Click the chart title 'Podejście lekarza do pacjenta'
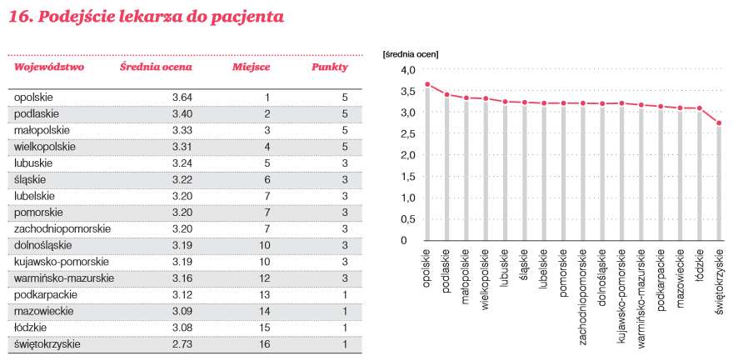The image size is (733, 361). pos(161,17)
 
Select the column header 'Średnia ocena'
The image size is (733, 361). pos(156,67)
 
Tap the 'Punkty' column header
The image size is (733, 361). pos(330,68)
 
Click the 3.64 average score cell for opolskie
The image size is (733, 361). pos(182,98)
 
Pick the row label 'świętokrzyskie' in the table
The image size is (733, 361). pos(47,344)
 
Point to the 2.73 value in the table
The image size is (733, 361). pos(182,344)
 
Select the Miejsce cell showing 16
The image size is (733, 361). pos(265,344)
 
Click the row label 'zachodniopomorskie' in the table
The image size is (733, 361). pos(62,229)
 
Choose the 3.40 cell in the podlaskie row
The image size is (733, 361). pos(182,113)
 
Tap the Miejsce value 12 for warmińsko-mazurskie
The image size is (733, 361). pos(265,278)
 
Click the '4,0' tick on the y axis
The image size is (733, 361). pos(407,70)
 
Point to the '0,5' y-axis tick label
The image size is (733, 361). pos(407,219)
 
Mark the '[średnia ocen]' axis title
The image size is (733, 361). pos(411,54)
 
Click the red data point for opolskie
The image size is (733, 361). pos(426,85)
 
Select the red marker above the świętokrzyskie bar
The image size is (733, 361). pos(719,123)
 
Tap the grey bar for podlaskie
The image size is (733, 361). pos(446,168)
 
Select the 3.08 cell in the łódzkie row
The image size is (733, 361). pos(182,328)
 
